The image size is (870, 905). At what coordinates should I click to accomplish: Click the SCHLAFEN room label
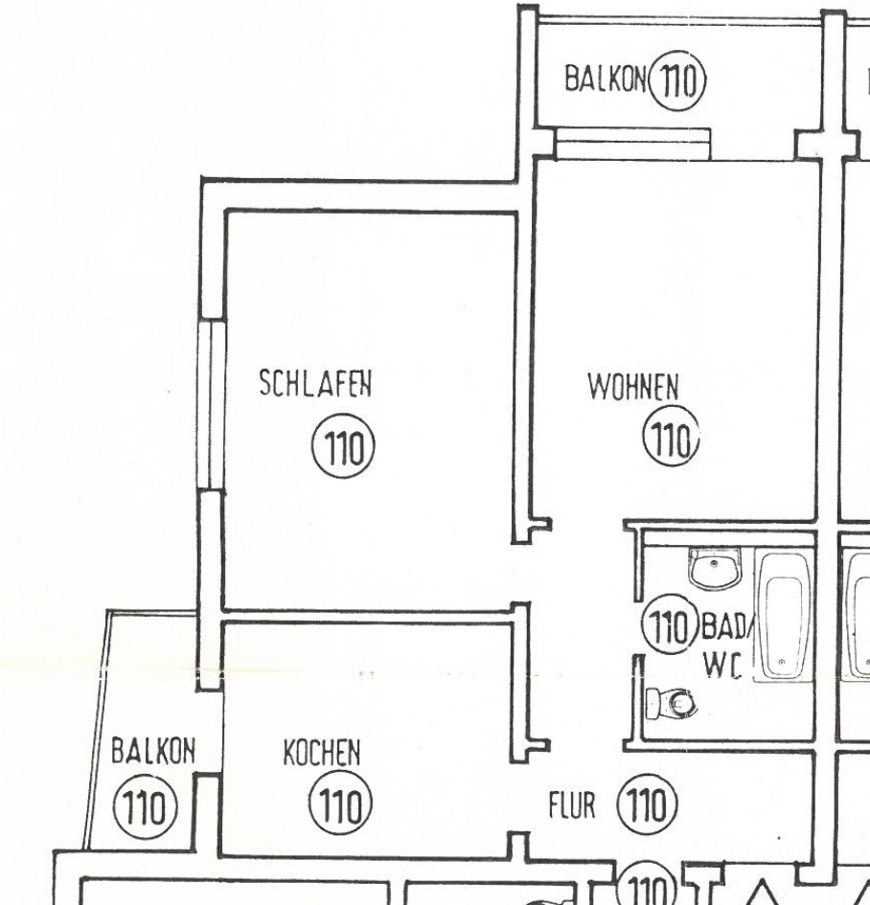tap(315, 383)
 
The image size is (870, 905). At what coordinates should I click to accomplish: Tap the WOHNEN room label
tap(633, 387)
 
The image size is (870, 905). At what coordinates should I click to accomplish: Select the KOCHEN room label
tap(322, 753)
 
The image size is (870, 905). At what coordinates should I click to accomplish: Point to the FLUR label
tap(571, 805)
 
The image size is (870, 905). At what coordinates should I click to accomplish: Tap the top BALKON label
tap(606, 79)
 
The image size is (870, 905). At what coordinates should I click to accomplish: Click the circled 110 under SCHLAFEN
tap(344, 446)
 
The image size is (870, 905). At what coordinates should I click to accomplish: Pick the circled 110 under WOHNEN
tap(671, 437)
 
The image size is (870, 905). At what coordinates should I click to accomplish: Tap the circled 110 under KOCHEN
tap(340, 803)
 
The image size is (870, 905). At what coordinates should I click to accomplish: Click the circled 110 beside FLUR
tap(647, 804)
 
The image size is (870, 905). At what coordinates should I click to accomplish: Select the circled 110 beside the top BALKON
tap(677, 79)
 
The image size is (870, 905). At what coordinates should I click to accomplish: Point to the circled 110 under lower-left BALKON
tap(146, 806)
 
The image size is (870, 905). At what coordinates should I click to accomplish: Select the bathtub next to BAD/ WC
tap(783, 616)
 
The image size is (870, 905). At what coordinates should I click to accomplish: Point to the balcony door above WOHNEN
tap(632, 144)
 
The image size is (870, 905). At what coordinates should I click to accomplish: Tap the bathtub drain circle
tap(782, 663)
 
